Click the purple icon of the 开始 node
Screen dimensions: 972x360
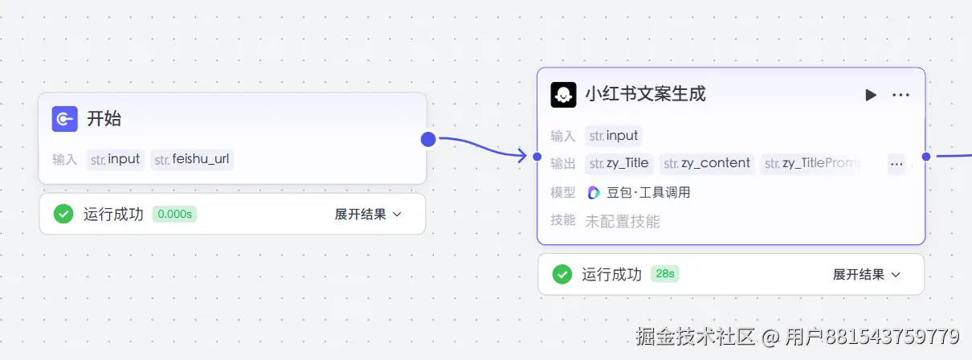click(x=64, y=119)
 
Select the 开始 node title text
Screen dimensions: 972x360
click(x=104, y=119)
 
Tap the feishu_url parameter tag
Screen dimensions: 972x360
click(x=193, y=159)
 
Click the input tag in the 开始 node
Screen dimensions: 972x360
click(x=116, y=159)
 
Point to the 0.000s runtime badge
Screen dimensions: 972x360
click(x=174, y=215)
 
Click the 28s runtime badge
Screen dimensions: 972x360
click(x=664, y=274)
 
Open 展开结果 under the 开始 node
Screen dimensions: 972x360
click(x=368, y=215)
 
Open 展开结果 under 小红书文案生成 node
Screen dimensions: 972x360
click(x=866, y=275)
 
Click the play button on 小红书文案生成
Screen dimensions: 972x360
click(x=871, y=95)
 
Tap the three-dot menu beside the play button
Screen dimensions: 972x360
click(x=901, y=95)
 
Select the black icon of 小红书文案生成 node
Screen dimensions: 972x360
click(x=563, y=95)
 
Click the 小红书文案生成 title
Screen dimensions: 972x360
click(x=645, y=94)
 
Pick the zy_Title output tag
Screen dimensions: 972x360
click(x=619, y=163)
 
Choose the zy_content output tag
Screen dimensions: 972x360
click(x=707, y=163)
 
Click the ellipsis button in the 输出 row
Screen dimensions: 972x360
click(x=896, y=164)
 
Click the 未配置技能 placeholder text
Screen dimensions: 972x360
click(x=623, y=221)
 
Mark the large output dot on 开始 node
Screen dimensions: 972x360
click(x=428, y=140)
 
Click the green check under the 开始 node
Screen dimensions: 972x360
click(x=63, y=215)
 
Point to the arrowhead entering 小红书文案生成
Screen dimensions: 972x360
click(x=523, y=156)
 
